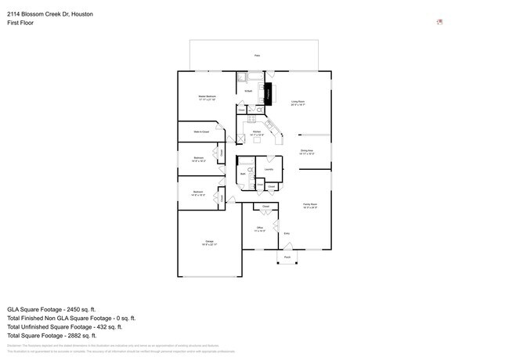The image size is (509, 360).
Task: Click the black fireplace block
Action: (x=267, y=92)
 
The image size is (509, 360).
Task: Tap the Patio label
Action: (x=255, y=56)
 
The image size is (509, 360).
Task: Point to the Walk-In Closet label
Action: (x=201, y=132)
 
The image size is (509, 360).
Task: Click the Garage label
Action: (x=209, y=243)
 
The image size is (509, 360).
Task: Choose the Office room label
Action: (x=260, y=229)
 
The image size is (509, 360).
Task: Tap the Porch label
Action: (x=287, y=257)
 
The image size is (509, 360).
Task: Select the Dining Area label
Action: (x=306, y=152)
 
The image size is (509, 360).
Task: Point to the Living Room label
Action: (x=298, y=103)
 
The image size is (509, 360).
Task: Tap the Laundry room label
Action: (x=268, y=169)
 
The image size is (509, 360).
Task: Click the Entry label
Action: (x=287, y=233)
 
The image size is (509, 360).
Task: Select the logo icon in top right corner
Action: (x=439, y=22)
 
